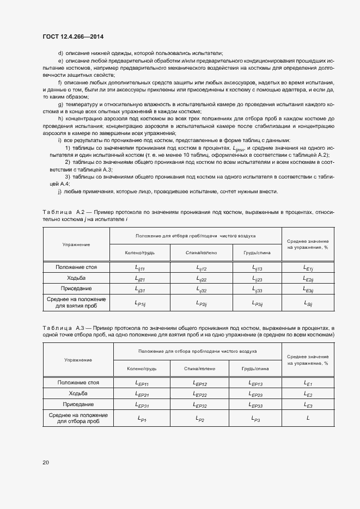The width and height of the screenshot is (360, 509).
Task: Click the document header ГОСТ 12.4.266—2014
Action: pyautogui.click(x=73, y=36)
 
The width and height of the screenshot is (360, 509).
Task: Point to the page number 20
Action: pyautogui.click(x=46, y=462)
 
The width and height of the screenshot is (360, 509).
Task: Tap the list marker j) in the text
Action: pyautogui.click(x=59, y=191)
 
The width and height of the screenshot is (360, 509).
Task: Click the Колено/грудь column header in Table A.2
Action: pyautogui.click(x=140, y=253)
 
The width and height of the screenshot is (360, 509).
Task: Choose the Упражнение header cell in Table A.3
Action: pyautogui.click(x=78, y=360)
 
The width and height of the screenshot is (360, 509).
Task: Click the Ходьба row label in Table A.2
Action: pyautogui.click(x=76, y=278)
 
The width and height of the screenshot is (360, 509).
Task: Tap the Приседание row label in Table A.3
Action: pyautogui.click(x=78, y=404)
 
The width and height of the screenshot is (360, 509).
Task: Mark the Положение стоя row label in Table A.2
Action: pyautogui.click(x=76, y=267)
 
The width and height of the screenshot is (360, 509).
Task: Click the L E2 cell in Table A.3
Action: pyautogui.click(x=308, y=394)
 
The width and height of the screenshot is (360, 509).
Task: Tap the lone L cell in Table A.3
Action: pyautogui.click(x=308, y=418)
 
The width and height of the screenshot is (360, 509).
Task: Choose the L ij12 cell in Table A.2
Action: pyautogui.click(x=202, y=268)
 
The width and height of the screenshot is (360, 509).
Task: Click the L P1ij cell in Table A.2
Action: pyautogui.click(x=140, y=303)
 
